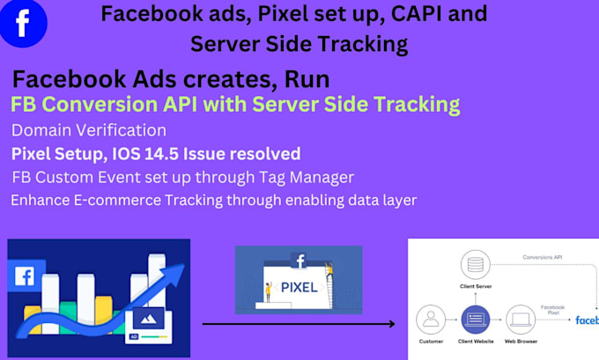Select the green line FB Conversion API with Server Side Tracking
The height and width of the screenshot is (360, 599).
[235, 105]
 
